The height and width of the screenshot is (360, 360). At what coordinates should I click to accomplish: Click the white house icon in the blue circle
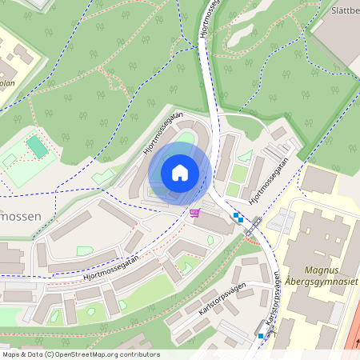180,172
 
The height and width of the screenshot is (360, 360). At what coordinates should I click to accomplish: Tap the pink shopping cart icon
194,212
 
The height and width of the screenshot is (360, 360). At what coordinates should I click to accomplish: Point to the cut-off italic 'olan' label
6,82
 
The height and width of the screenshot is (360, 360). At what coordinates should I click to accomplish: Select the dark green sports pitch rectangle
37,146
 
